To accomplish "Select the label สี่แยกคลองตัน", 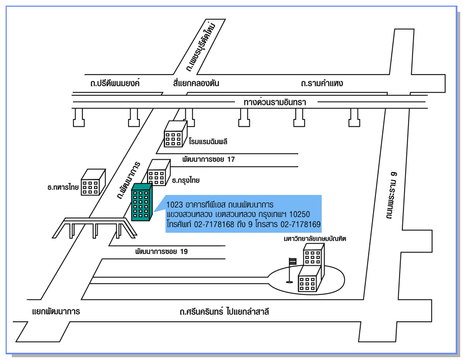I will coord(196,83).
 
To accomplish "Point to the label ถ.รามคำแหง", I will coord(322,83).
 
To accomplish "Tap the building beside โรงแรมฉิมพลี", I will coord(175,136).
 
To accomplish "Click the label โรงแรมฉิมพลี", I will coord(208,141).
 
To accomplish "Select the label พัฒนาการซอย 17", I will coord(208,159).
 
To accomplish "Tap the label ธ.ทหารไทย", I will coord(63,187).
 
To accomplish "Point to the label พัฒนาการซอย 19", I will coord(161,251).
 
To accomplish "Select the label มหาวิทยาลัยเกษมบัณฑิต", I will coord(315,238).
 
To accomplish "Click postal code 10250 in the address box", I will coord(300,215).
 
